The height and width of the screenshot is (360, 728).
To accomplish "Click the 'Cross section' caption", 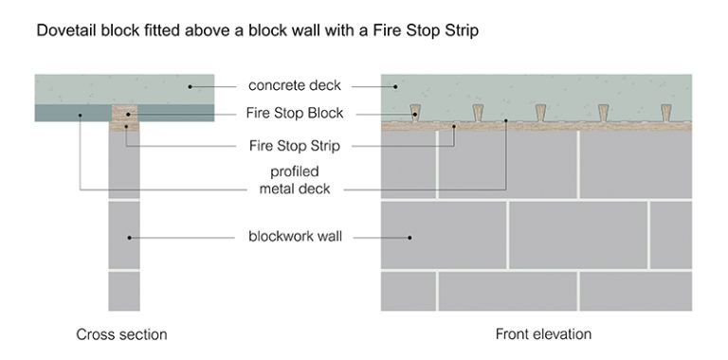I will (121, 334).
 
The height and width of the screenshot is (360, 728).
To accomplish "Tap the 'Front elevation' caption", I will (543, 334).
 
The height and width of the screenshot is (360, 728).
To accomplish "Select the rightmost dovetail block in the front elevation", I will (665, 113).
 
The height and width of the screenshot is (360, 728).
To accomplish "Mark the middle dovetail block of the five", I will (541, 113).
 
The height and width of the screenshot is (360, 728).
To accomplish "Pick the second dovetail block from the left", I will (479, 113).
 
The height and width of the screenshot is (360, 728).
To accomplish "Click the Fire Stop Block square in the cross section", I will (125, 117).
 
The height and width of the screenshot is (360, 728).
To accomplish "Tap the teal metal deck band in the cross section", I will (72, 114).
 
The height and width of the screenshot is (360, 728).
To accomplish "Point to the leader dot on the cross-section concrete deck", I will (190, 87).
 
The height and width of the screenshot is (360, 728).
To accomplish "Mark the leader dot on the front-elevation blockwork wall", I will (409, 236).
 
